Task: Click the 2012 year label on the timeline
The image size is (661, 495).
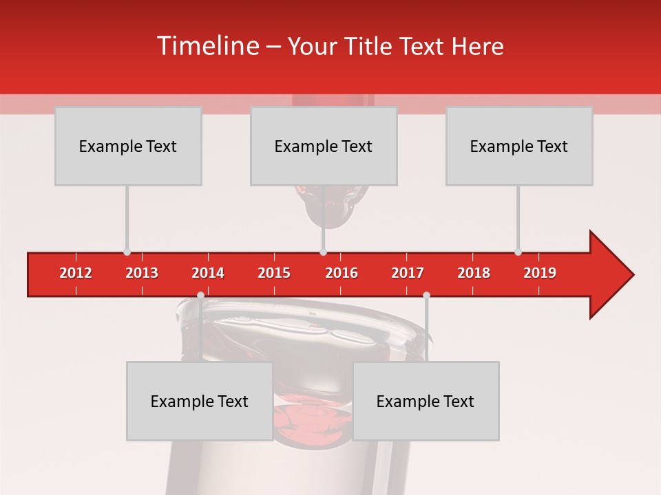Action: [x=76, y=273]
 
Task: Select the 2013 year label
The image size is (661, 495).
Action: [x=142, y=273]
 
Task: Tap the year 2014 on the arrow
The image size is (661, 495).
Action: [x=208, y=273]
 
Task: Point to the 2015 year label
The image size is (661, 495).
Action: [x=274, y=273]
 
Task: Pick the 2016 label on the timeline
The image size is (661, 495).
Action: [x=342, y=273]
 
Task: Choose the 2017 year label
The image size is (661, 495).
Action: [x=408, y=273]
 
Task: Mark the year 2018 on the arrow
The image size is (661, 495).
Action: [x=474, y=273]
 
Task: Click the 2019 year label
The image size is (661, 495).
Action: [x=540, y=273]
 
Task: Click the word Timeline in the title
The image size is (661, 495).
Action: [x=207, y=46]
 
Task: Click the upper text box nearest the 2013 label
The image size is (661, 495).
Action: [x=128, y=146]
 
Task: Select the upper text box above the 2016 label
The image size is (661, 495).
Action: [x=324, y=146]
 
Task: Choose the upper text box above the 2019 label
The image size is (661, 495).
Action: [x=519, y=146]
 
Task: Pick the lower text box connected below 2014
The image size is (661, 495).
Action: [x=200, y=401]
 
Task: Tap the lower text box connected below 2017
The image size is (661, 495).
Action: [x=426, y=401]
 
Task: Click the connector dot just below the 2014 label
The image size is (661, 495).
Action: [x=200, y=295]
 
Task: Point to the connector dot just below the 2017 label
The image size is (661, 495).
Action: [x=426, y=295]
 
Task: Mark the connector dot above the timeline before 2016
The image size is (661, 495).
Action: [x=323, y=252]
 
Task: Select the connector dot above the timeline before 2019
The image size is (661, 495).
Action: [x=518, y=252]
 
